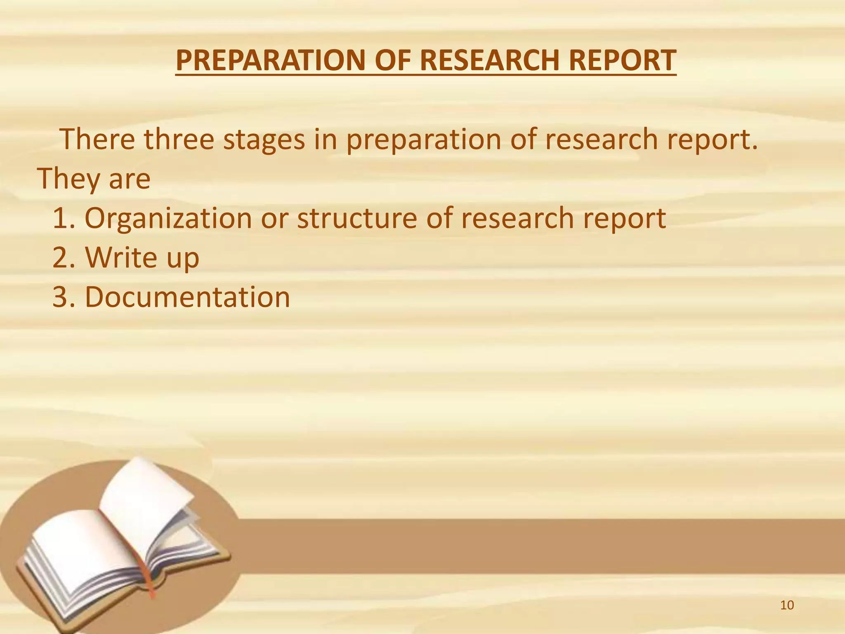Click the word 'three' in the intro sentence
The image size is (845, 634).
click(179, 139)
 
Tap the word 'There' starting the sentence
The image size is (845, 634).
click(97, 139)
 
